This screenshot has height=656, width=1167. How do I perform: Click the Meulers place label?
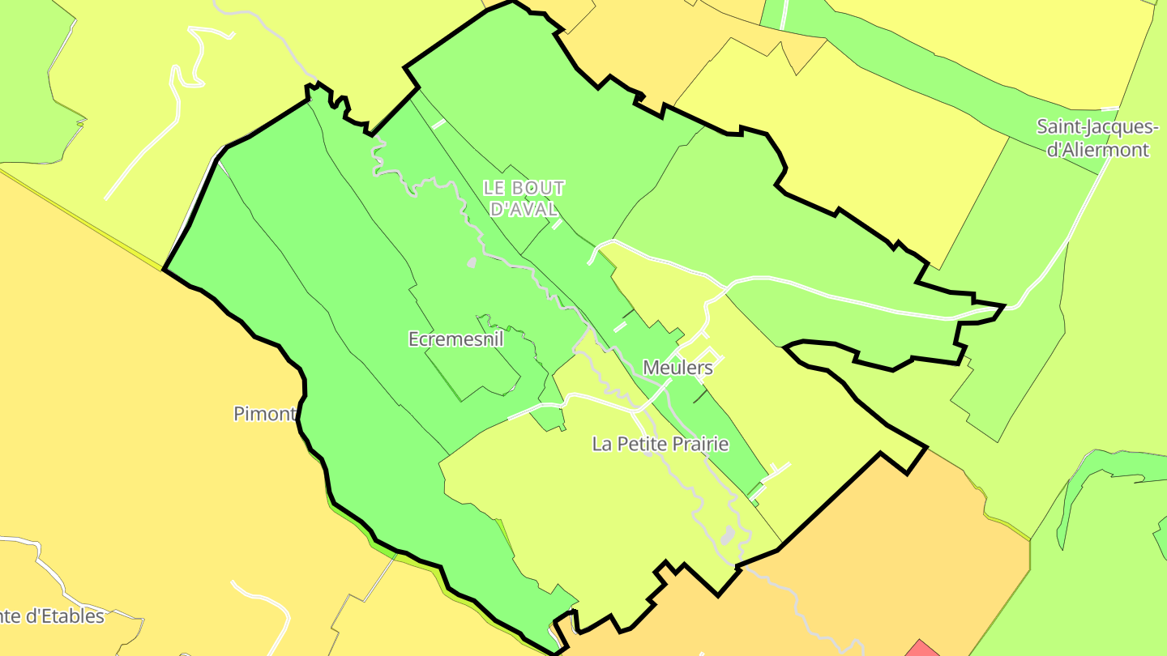[678, 368]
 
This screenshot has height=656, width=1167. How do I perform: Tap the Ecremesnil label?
[455, 339]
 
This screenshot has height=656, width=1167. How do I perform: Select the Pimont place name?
[264, 414]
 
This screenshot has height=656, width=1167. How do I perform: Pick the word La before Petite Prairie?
[602, 444]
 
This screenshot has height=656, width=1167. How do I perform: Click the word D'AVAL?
[524, 209]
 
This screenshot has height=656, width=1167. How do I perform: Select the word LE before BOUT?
[494, 188]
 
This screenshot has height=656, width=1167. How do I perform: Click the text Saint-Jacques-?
[1098, 127]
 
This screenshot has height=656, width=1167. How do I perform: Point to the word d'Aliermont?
[1098, 150]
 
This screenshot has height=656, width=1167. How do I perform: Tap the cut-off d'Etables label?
[53, 616]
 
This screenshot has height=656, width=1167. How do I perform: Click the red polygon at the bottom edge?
[921, 649]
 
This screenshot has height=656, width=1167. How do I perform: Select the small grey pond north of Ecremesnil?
[471, 262]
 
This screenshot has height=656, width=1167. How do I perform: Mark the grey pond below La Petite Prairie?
[727, 535]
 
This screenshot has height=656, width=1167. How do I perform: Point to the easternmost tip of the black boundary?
[1004, 306]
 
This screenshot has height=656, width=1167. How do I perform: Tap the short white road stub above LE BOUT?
[438, 124]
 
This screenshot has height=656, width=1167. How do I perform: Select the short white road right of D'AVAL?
[557, 224]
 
